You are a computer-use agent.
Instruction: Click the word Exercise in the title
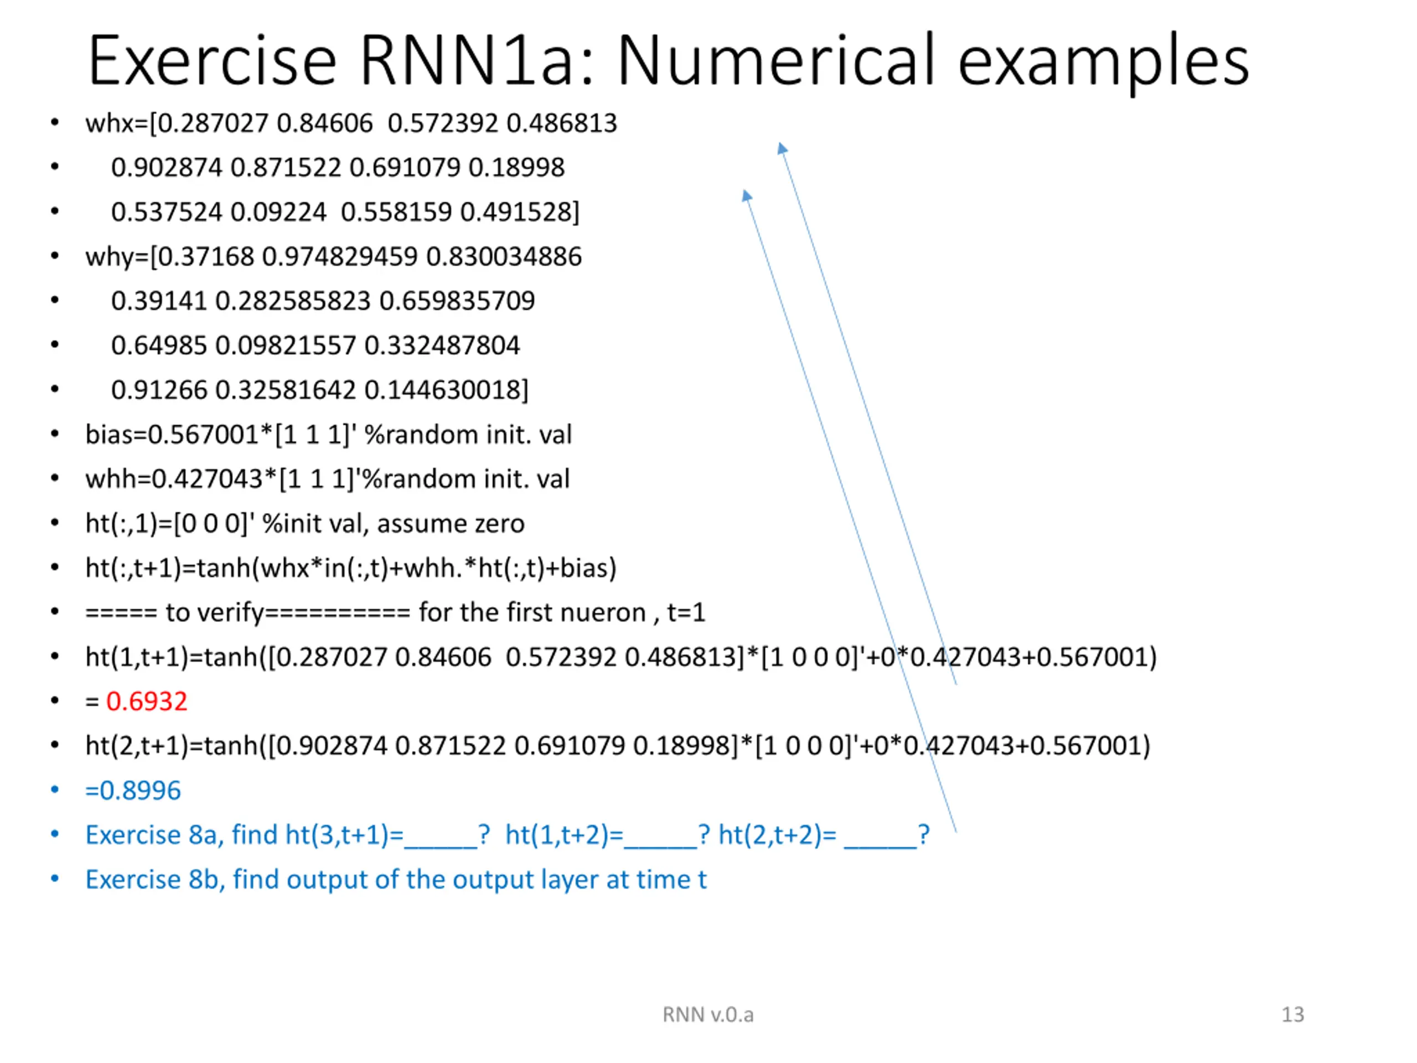click(212, 61)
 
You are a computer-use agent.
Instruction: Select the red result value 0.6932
click(147, 701)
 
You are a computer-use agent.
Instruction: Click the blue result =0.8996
click(133, 790)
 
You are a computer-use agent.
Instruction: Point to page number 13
click(1292, 1014)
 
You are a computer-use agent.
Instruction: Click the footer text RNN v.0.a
click(708, 1014)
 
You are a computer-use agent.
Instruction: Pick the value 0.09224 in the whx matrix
click(278, 212)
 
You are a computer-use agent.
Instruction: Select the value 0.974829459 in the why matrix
click(339, 256)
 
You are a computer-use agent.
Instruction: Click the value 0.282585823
click(293, 301)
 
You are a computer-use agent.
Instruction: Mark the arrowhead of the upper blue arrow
click(782, 148)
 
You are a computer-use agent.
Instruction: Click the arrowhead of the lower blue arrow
click(746, 195)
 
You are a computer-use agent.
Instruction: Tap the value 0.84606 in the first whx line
click(324, 123)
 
